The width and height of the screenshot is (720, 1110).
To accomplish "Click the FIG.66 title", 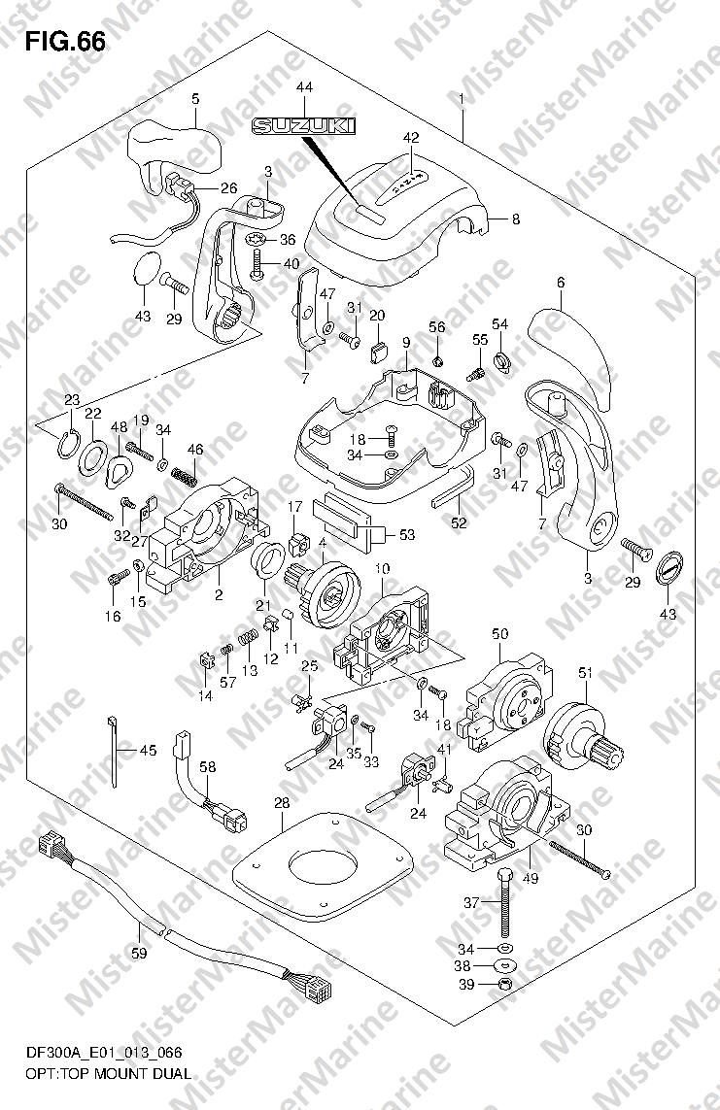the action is tap(66, 43).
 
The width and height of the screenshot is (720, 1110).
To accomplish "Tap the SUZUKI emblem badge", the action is tap(304, 126).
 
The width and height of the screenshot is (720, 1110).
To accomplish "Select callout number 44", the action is tap(304, 87).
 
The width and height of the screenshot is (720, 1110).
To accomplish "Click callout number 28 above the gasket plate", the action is tap(283, 803).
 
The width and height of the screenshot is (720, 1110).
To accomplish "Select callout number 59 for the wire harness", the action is tap(140, 954).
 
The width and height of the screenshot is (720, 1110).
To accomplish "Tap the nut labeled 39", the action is tap(505, 985).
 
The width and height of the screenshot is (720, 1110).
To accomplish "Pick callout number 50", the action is tap(499, 634).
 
